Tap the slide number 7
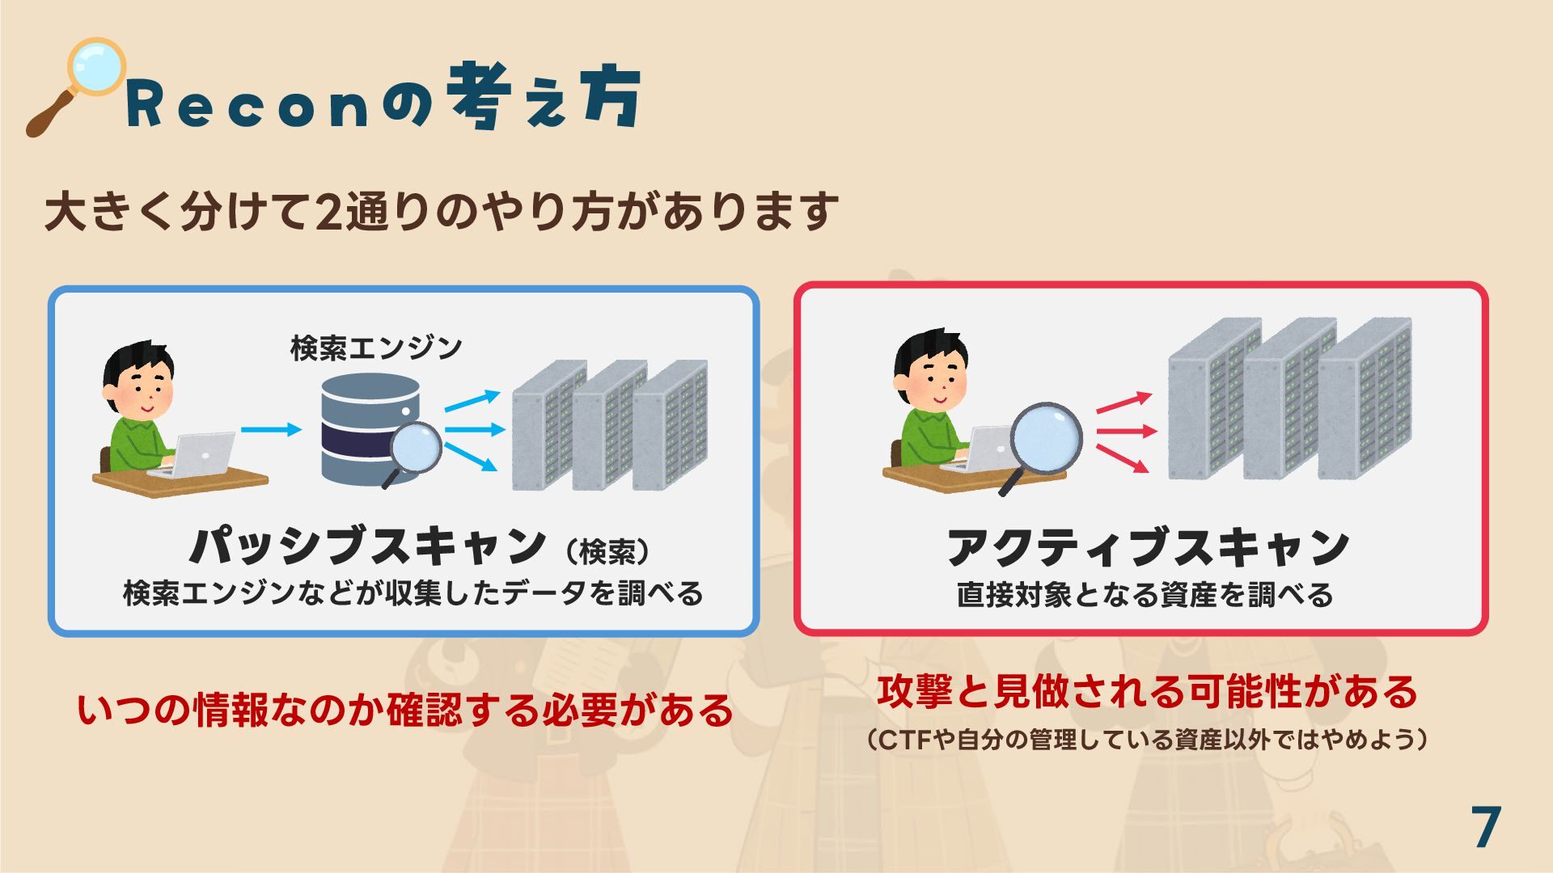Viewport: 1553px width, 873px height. (1486, 828)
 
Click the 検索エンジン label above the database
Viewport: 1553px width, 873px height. (376, 348)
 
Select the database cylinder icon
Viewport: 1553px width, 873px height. (370, 428)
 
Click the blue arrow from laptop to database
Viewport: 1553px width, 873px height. (270, 429)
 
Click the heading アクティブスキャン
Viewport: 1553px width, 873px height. (1148, 547)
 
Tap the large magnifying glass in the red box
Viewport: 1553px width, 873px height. (1045, 441)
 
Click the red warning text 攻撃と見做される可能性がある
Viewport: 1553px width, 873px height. (1147, 692)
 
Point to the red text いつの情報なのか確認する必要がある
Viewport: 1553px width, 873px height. (404, 711)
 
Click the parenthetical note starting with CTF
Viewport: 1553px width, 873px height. (1147, 740)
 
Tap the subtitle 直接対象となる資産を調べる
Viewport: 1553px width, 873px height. (1145, 595)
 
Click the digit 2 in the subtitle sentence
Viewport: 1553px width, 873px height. (328, 213)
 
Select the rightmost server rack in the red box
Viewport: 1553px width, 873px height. (1365, 400)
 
